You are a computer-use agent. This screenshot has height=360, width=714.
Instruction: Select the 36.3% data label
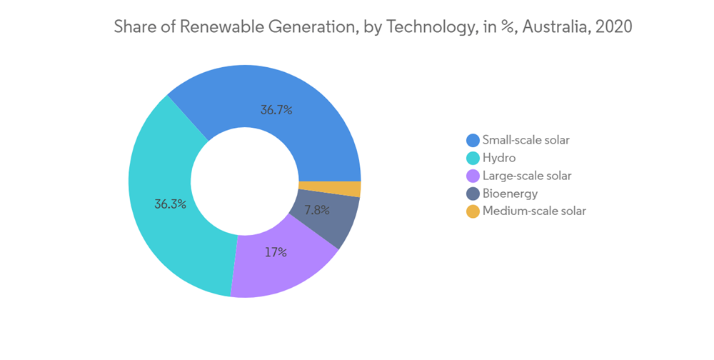tap(170, 204)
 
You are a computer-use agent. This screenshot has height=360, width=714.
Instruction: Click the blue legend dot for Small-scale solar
tap(472, 139)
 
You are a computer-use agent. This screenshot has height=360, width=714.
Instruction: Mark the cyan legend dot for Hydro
tap(472, 157)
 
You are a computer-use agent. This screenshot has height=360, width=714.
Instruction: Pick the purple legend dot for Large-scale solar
tap(472, 175)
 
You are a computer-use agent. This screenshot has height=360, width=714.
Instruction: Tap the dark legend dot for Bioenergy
tap(472, 193)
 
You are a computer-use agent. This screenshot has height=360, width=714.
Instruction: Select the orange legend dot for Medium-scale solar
tap(472, 211)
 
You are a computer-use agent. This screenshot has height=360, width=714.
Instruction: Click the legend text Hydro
tap(499, 157)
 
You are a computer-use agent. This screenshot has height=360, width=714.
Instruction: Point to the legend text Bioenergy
tap(510, 193)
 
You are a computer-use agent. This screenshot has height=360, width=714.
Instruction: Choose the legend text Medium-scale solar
tap(534, 211)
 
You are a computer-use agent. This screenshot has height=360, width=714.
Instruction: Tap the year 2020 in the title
tap(613, 27)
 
